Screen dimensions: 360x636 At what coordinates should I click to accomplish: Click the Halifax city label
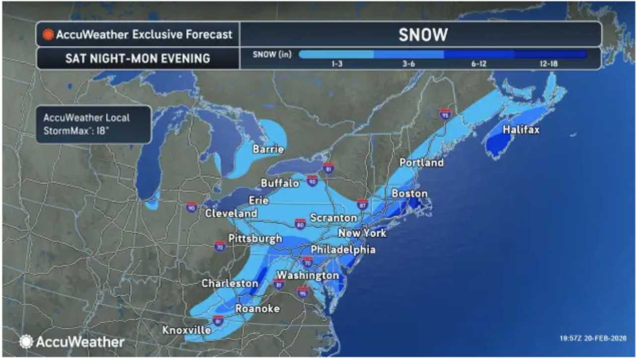pyautogui.click(x=521, y=130)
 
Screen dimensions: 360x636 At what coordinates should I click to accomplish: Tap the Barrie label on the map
pyautogui.click(x=268, y=149)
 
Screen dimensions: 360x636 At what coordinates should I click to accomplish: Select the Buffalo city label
pyautogui.click(x=280, y=183)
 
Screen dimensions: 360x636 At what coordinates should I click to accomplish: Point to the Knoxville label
pyautogui.click(x=186, y=330)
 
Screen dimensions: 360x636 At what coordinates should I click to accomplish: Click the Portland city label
pyautogui.click(x=421, y=163)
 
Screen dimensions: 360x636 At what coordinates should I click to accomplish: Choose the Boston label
pyautogui.click(x=409, y=193)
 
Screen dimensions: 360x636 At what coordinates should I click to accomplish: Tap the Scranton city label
pyautogui.click(x=333, y=218)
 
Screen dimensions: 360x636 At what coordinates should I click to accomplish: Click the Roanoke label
pyautogui.click(x=257, y=308)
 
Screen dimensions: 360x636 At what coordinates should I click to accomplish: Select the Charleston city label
pyautogui.click(x=230, y=283)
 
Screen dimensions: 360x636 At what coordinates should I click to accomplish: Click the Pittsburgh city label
pyautogui.click(x=255, y=238)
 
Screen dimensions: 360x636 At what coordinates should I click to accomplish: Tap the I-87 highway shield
pyautogui.click(x=362, y=203)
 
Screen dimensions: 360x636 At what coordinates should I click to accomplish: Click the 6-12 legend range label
pyautogui.click(x=477, y=64)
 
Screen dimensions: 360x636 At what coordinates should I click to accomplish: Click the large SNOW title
pyautogui.click(x=423, y=35)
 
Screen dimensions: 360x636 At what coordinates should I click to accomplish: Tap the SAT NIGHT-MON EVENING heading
pyautogui.click(x=138, y=59)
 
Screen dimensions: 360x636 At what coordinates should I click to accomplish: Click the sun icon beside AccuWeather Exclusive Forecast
pyautogui.click(x=48, y=35)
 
